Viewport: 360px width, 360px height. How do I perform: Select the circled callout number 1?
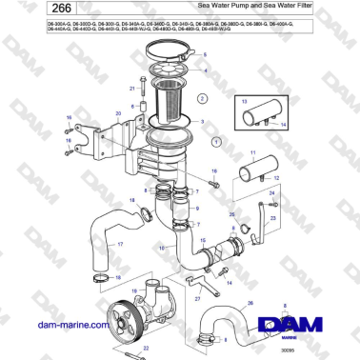[215, 141]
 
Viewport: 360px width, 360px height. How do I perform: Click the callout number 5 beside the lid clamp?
[205, 55]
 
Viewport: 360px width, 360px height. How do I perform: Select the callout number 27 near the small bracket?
[198, 297]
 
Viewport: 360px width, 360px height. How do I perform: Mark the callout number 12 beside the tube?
[272, 177]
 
